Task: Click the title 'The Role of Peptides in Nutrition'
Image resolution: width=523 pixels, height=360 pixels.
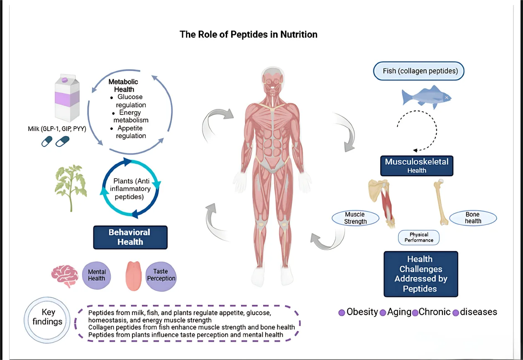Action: click(248, 34)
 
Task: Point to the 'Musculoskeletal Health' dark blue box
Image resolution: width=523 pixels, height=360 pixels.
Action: click(417, 165)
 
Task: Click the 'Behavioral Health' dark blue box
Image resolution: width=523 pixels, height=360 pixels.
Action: click(130, 237)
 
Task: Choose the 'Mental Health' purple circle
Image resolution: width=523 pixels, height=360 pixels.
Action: click(97, 275)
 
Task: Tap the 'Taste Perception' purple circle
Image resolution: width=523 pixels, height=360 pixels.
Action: click(161, 275)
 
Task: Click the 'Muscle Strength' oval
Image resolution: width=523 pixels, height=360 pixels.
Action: click(355, 218)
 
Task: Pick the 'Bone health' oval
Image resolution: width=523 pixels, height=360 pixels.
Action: click(472, 218)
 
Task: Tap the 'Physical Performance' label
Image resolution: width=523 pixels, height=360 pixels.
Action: click(418, 237)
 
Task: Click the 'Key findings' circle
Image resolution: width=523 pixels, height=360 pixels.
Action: click(47, 317)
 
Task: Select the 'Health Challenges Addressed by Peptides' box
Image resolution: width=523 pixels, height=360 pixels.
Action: click(420, 274)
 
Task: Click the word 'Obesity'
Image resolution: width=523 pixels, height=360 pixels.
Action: click(362, 312)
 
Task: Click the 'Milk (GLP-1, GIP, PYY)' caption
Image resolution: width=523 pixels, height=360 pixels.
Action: click(57, 129)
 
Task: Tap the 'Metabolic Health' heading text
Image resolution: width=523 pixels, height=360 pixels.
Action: click(123, 85)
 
